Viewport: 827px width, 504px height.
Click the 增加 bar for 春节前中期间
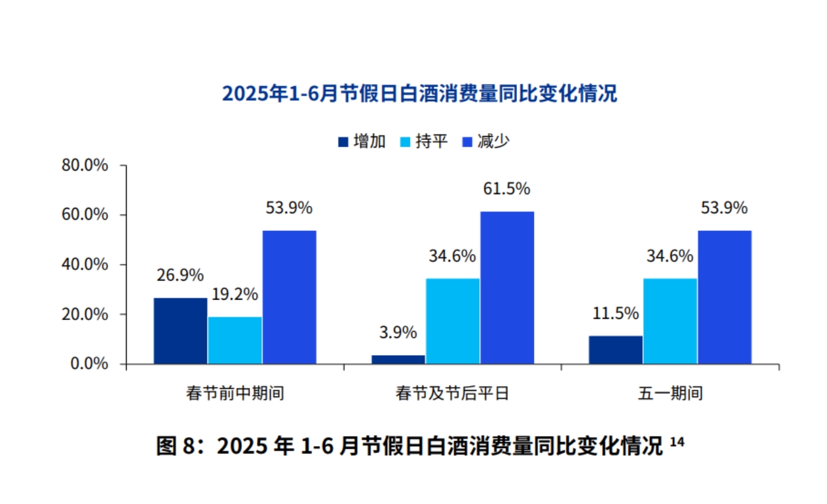pyautogui.click(x=180, y=331)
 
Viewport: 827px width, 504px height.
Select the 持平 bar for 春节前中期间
pyautogui.click(x=235, y=340)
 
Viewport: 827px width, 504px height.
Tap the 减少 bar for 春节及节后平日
pyautogui.click(x=507, y=288)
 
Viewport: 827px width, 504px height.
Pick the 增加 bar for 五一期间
pyautogui.click(x=615, y=350)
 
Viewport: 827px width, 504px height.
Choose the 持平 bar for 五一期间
pyautogui.click(x=670, y=321)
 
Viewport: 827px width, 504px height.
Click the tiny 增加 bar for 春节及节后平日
pyautogui.click(x=398, y=360)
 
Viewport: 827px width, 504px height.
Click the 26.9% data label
pyautogui.click(x=180, y=276)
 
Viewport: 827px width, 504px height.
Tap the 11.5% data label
pyautogui.click(x=615, y=313)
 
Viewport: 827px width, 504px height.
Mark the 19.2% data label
pyautogui.click(x=235, y=295)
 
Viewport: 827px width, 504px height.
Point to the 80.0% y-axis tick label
pyautogui.click(x=85, y=165)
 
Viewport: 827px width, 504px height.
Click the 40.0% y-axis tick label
pyautogui.click(x=85, y=265)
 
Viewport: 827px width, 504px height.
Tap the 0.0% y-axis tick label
pyautogui.click(x=88, y=364)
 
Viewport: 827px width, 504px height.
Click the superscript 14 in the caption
pyautogui.click(x=677, y=440)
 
